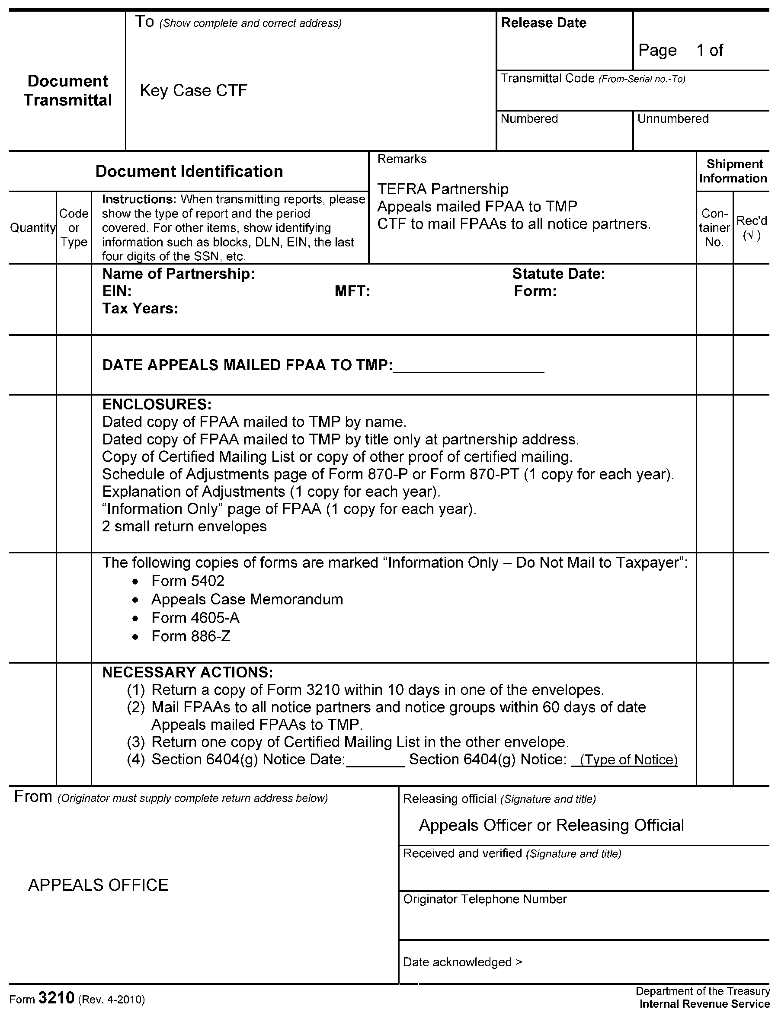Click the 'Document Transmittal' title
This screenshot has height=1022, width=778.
point(67,90)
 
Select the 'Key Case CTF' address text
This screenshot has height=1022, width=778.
point(193,90)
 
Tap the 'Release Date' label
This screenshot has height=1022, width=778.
point(543,22)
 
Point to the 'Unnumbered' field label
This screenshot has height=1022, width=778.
point(672,118)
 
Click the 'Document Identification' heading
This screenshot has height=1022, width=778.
point(189,171)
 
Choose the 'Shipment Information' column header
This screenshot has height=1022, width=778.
point(733,171)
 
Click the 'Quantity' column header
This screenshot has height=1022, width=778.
point(32,228)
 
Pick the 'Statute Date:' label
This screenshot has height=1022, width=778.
point(558,274)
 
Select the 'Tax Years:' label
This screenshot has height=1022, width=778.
point(140,308)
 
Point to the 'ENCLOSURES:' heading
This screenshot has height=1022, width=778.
point(157,404)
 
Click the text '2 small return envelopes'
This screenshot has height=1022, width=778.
point(184,526)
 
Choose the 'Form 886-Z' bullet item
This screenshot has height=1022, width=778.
point(190,636)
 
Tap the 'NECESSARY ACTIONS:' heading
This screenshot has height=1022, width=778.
point(187,672)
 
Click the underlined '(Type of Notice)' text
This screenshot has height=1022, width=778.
point(628,760)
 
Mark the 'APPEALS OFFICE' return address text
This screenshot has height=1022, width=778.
point(98,885)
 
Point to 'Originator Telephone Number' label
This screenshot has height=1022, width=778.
point(484,899)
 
